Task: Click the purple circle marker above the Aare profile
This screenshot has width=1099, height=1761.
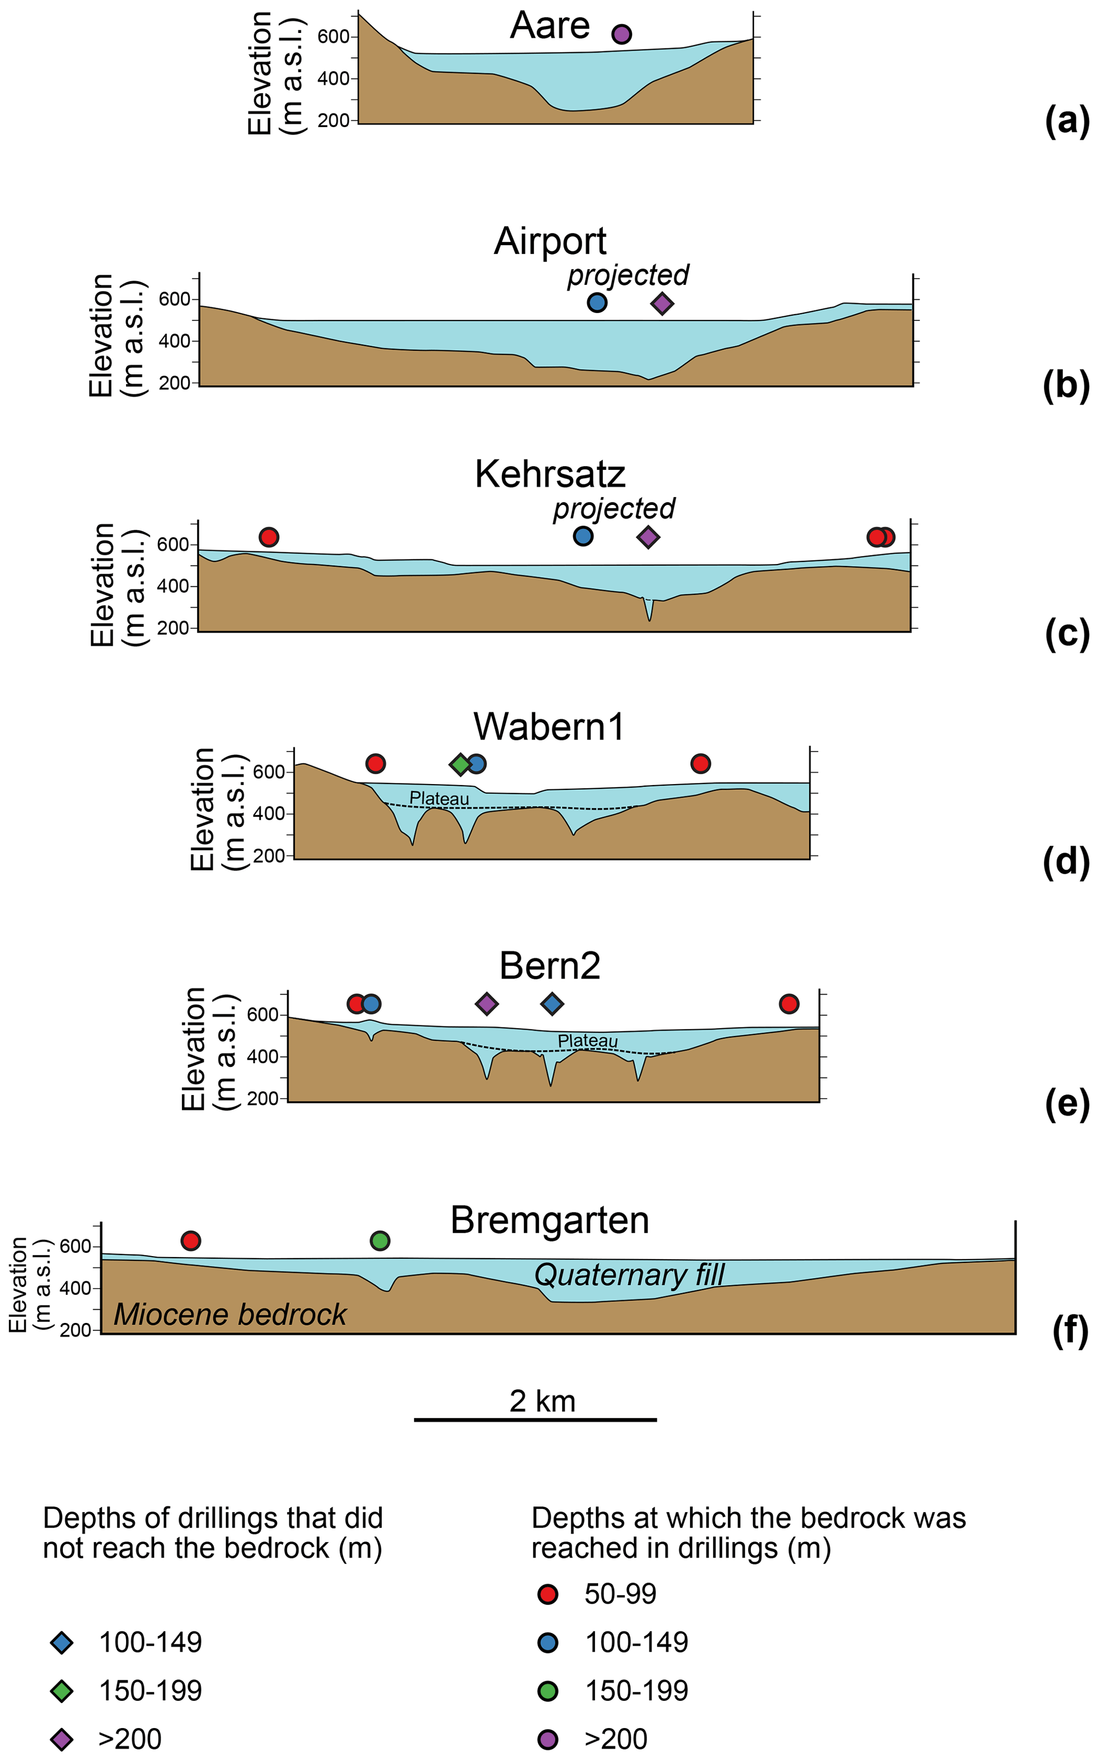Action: coord(620,34)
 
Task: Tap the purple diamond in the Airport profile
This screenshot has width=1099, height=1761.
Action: coord(661,304)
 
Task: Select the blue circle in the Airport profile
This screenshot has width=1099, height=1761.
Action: coord(597,303)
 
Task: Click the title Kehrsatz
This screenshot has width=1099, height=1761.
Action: coord(550,474)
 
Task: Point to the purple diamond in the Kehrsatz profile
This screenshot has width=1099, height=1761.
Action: coord(648,537)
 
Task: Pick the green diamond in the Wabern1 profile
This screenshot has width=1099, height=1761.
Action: coord(460,764)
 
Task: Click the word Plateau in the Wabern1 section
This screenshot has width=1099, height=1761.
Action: coord(439,798)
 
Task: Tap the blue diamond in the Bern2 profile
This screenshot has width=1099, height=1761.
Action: coord(552,1004)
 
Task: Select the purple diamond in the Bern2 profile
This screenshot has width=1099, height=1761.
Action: coord(486,1004)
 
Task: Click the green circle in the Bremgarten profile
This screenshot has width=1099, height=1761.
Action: coord(380,1241)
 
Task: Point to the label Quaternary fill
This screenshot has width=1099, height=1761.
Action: coord(630,1275)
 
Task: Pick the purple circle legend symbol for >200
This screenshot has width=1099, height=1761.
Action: coord(547,1739)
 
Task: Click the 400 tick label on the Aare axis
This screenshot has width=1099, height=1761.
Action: coord(333,79)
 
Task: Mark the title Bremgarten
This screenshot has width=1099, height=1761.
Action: coord(550,1220)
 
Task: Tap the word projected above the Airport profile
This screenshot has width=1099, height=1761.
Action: coord(627,275)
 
